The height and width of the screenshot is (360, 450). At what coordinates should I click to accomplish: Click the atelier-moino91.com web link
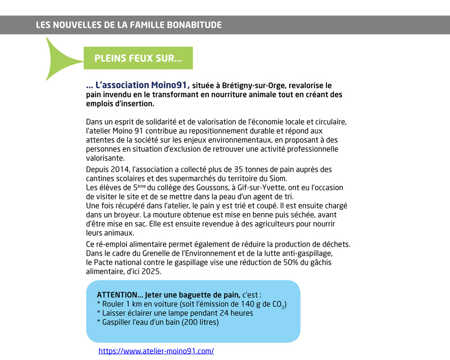pyautogui.click(x=156, y=351)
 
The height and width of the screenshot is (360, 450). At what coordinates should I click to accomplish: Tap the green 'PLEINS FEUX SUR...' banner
pyautogui.click(x=138, y=58)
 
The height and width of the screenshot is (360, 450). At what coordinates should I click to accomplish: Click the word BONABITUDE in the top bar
pyautogui.click(x=191, y=25)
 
